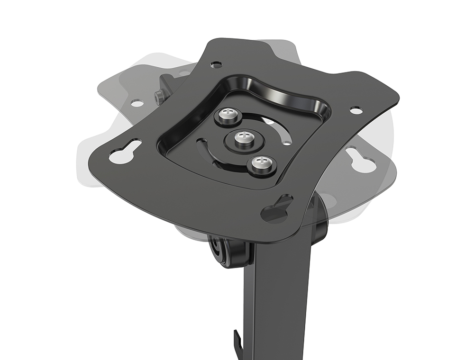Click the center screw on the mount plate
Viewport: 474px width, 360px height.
[243, 137]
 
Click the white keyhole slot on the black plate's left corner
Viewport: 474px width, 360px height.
[125, 153]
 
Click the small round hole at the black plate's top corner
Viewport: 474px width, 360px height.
[216, 64]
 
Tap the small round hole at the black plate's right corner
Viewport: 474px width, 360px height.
[355, 110]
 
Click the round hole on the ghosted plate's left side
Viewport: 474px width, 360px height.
[137, 103]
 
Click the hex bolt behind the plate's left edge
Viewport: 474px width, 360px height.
[160, 97]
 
